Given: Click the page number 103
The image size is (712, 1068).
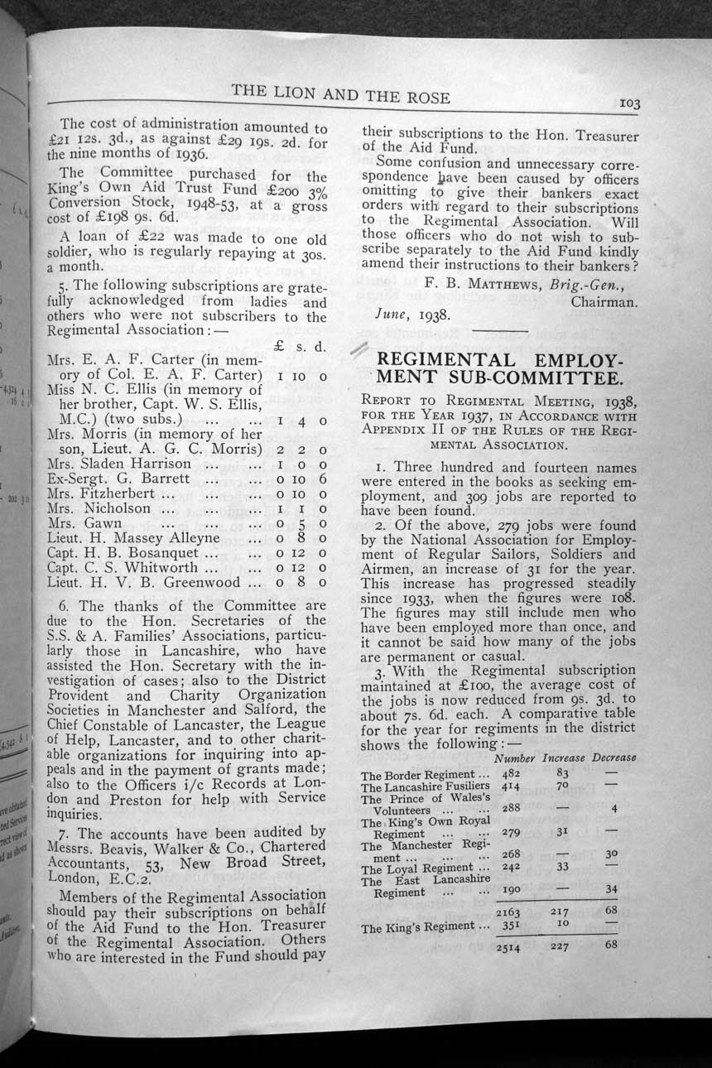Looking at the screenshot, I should pyautogui.click(x=629, y=103).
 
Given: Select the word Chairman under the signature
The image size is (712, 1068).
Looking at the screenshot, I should pyautogui.click(x=604, y=301).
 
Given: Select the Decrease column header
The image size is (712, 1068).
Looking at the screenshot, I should pyautogui.click(x=613, y=758).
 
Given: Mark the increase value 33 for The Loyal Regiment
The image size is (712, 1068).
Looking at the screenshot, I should pyautogui.click(x=562, y=867).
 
